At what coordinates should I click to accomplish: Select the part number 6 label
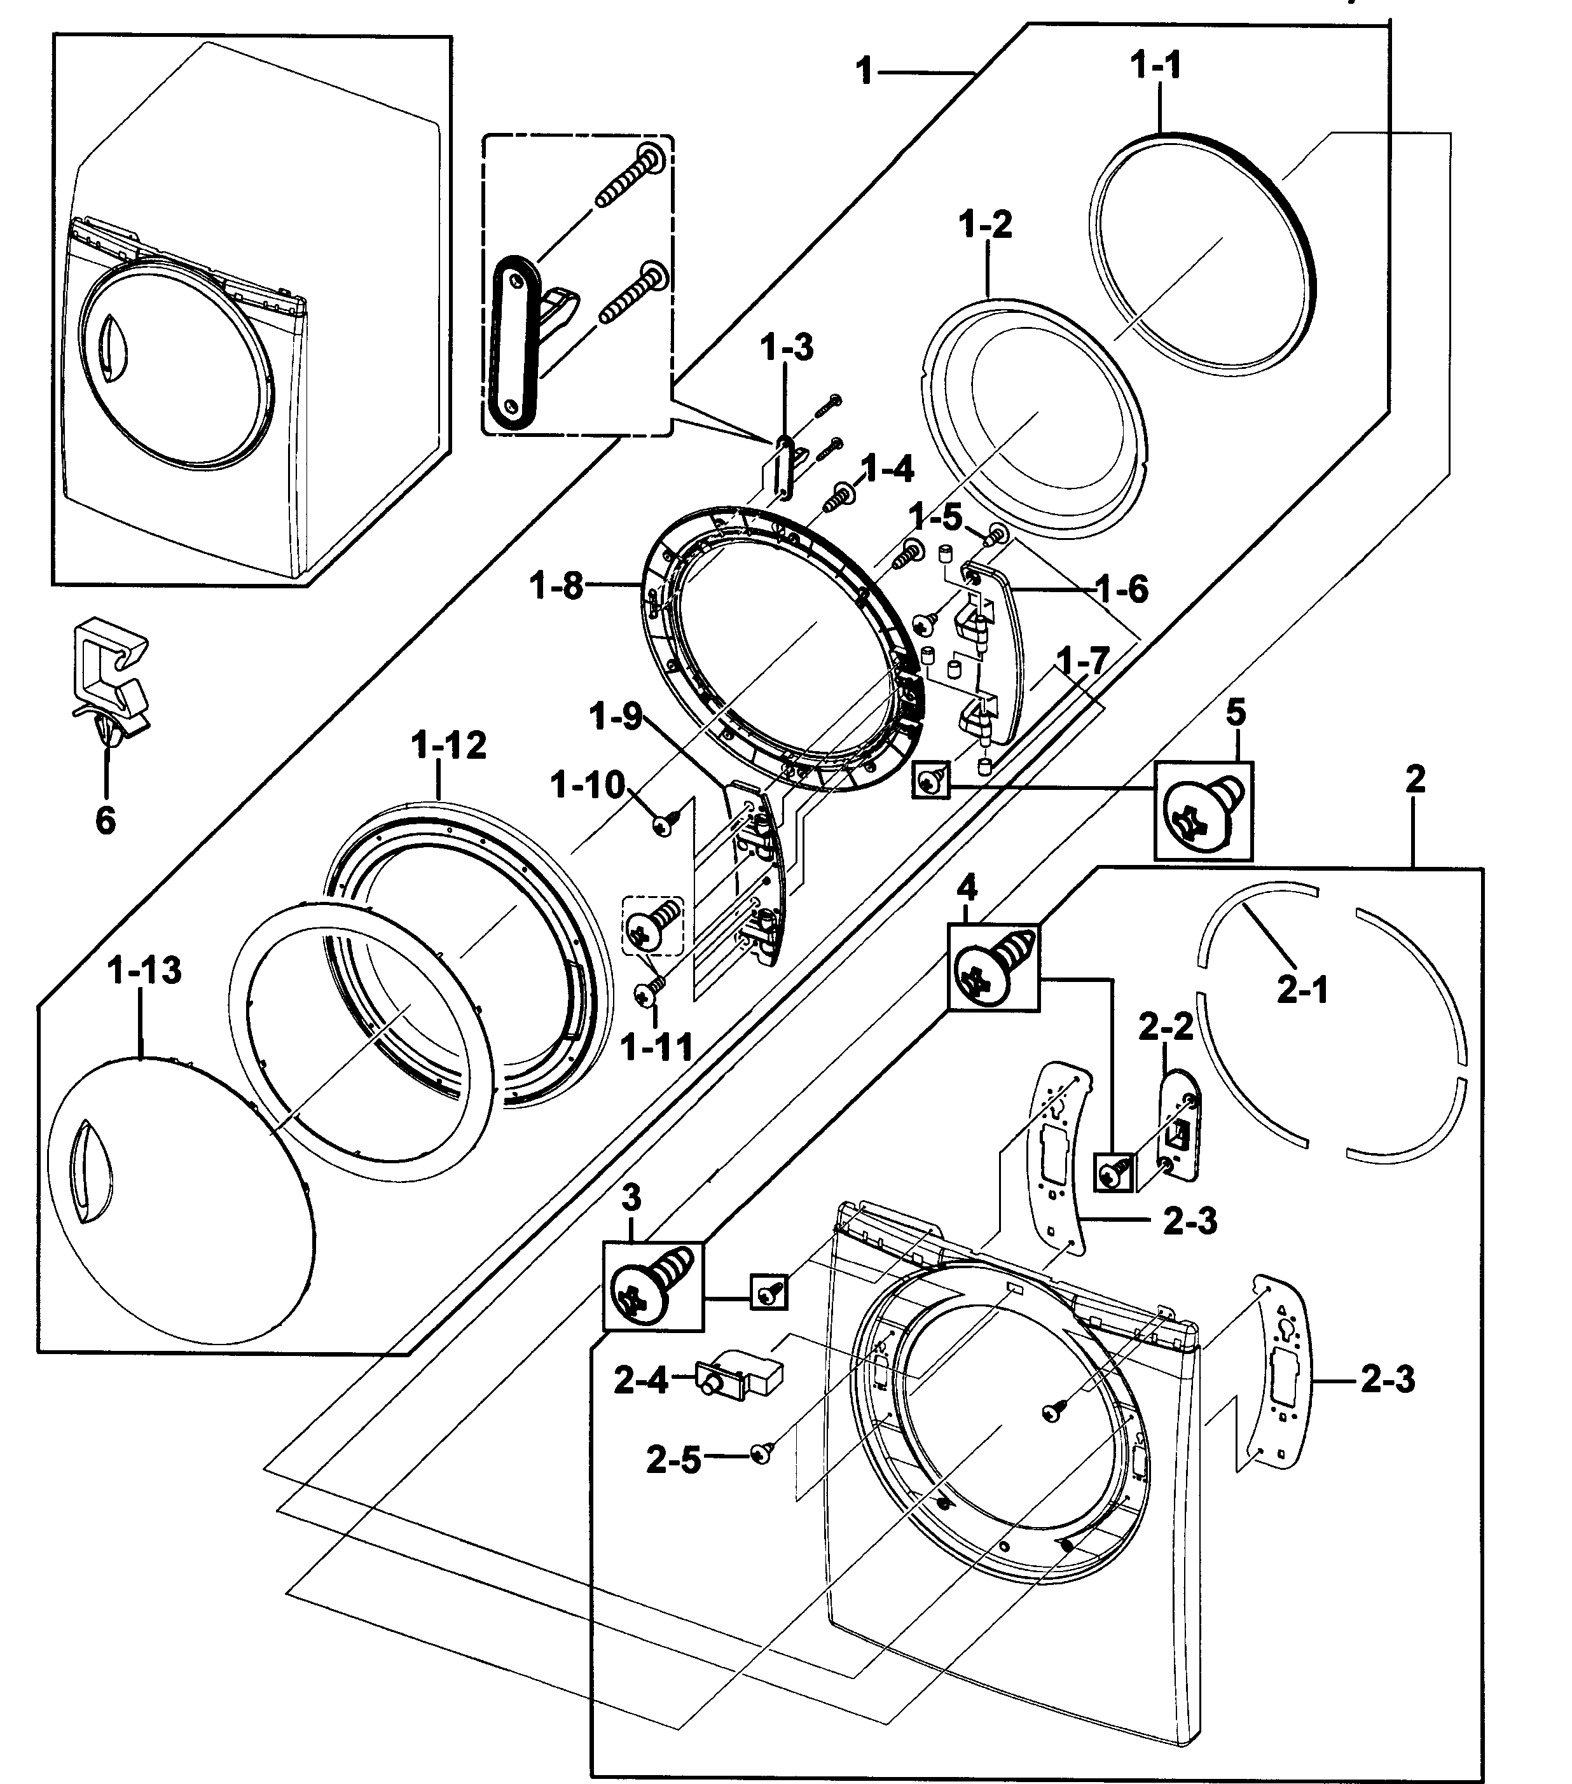(105, 820)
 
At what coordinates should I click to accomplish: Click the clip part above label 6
(109, 681)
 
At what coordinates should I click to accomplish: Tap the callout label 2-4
(640, 1381)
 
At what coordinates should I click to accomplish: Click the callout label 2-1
(1302, 990)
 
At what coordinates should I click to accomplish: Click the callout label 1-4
(887, 469)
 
